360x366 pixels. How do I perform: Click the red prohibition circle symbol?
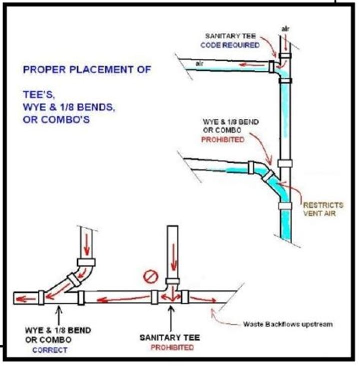coord(149,276)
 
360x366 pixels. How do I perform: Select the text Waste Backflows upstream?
coord(287,324)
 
